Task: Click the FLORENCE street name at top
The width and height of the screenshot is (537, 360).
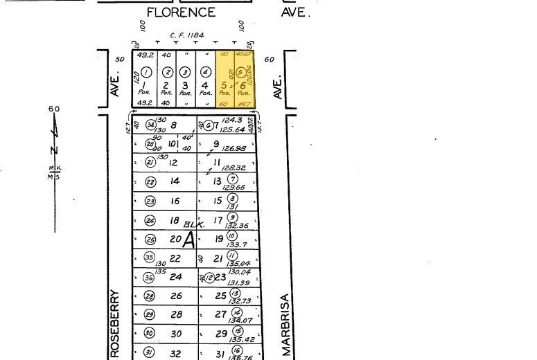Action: (x=181, y=12)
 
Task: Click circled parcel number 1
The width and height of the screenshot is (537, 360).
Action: (x=146, y=72)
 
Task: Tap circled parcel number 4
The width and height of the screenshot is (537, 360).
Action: (x=205, y=72)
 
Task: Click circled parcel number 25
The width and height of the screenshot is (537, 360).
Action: (x=150, y=240)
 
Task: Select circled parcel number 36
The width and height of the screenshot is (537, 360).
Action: (x=149, y=277)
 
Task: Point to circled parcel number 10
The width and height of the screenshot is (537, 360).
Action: (x=232, y=235)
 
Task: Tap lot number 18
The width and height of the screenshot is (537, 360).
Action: (x=175, y=220)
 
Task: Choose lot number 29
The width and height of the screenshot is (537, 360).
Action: (x=222, y=333)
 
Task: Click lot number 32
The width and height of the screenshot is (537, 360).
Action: (x=176, y=353)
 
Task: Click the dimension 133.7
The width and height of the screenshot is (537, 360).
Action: (x=234, y=244)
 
